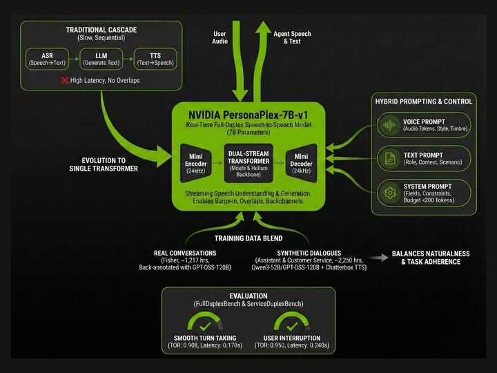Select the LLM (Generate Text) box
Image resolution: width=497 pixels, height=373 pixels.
pyautogui.click(x=101, y=59)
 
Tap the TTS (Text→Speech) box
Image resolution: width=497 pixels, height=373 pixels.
pyautogui.click(x=155, y=59)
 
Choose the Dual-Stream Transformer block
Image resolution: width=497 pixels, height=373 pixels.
pyautogui.click(x=249, y=160)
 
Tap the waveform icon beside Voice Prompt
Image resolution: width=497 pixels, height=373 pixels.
pyautogui.click(x=389, y=126)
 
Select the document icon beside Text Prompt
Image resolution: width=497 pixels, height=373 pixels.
pyautogui.click(x=389, y=157)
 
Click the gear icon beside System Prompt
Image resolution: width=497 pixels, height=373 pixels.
pyautogui.click(x=389, y=191)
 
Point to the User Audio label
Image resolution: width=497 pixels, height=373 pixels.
pyautogui.click(x=220, y=37)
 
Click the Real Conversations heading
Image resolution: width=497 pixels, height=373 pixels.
pyautogui.click(x=185, y=254)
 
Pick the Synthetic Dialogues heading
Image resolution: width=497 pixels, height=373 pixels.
pyautogui.click(x=307, y=254)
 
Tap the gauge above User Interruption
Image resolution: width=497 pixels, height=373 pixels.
pyautogui.click(x=292, y=323)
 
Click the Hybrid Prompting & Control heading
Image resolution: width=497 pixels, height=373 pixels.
pyautogui.click(x=424, y=102)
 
